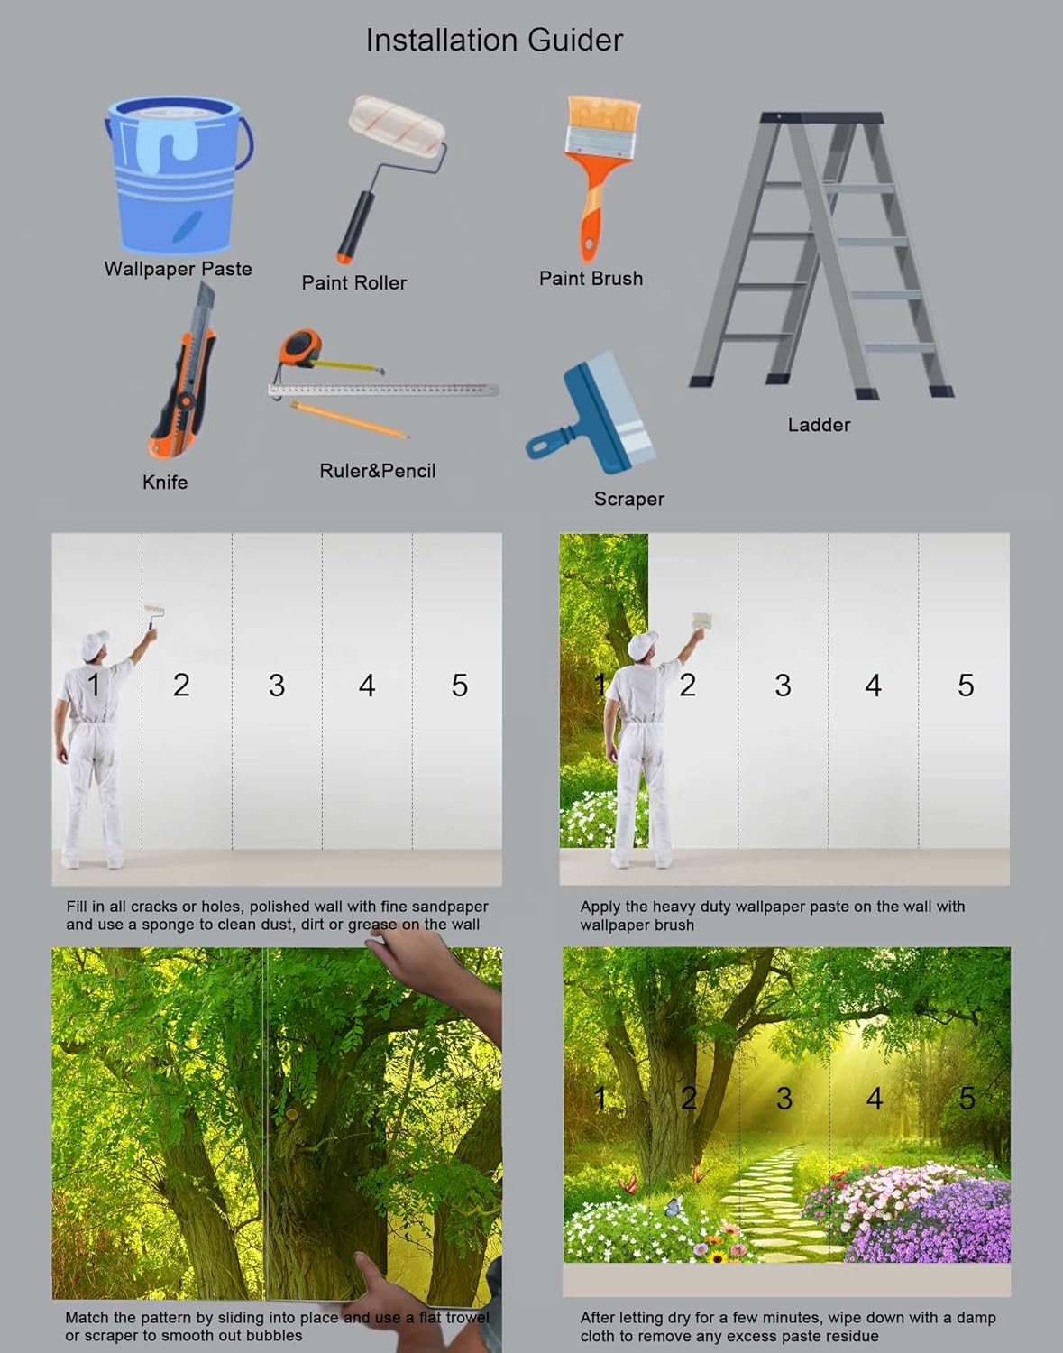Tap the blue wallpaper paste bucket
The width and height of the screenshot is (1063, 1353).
click(x=179, y=175)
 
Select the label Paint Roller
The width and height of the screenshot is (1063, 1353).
click(x=353, y=282)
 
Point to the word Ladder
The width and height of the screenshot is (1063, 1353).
click(x=819, y=425)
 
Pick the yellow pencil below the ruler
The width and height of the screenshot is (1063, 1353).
click(x=350, y=419)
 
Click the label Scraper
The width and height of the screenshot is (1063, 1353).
click(x=628, y=499)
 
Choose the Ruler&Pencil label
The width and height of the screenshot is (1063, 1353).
click(x=377, y=471)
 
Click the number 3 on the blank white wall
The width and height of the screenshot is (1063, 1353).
click(x=277, y=686)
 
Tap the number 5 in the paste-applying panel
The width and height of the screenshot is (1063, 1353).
click(x=966, y=686)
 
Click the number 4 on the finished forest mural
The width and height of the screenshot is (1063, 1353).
click(x=875, y=1099)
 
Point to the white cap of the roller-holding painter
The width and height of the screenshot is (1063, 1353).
click(x=94, y=644)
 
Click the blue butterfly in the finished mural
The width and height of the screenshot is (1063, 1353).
click(x=674, y=1205)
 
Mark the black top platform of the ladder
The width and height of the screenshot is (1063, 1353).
click(x=821, y=117)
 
